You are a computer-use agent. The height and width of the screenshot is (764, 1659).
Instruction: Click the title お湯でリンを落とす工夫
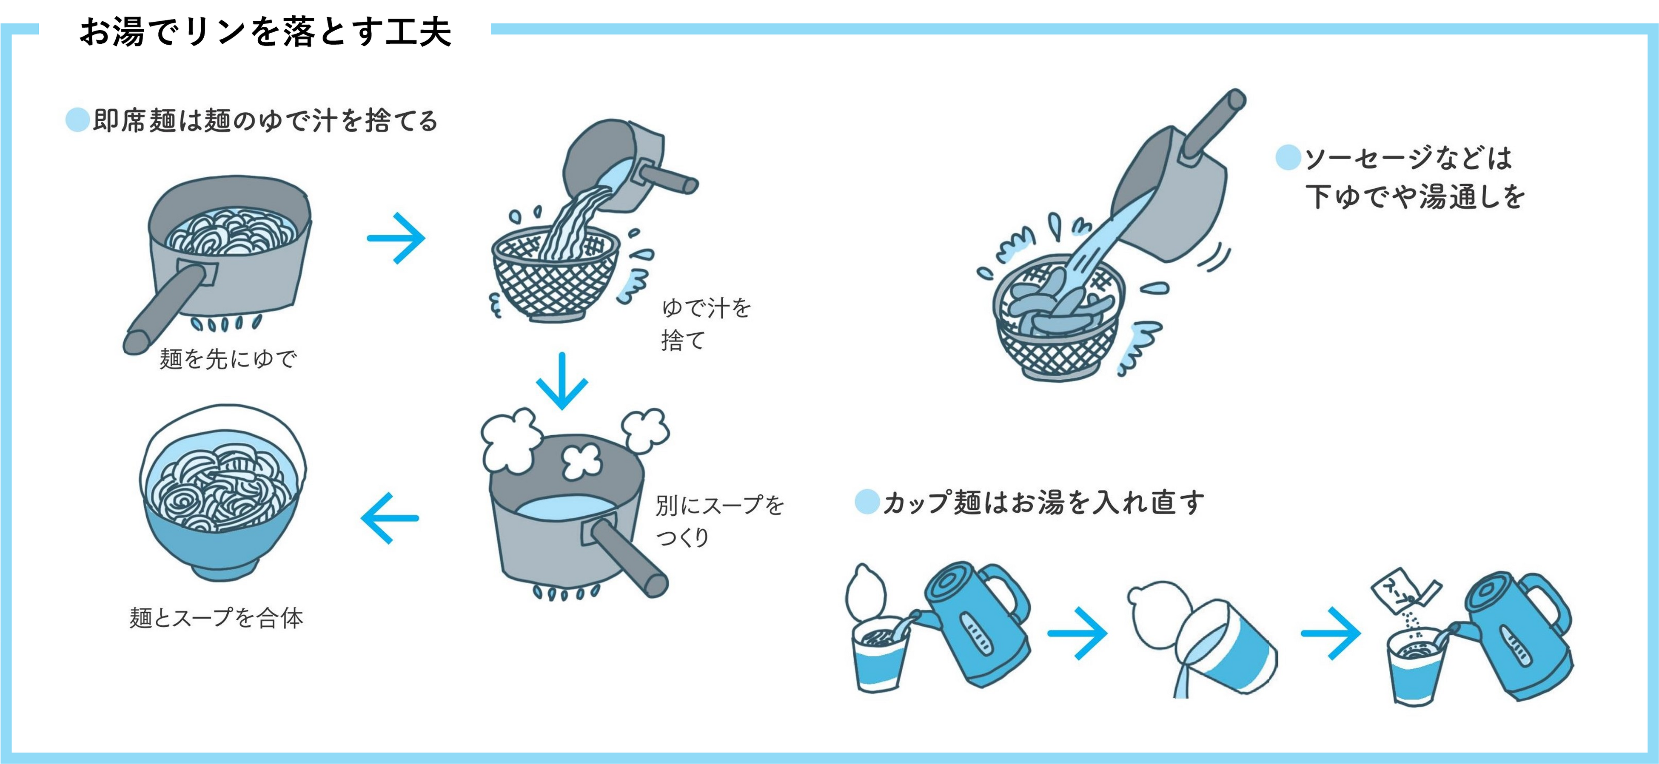265,33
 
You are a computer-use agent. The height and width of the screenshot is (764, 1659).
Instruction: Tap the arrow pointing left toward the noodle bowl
390,518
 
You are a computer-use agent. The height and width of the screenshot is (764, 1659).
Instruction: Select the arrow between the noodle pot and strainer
396,238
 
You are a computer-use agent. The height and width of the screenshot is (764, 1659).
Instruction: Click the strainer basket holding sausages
1056,322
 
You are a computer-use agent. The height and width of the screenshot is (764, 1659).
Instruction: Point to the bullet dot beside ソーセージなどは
1288,158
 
